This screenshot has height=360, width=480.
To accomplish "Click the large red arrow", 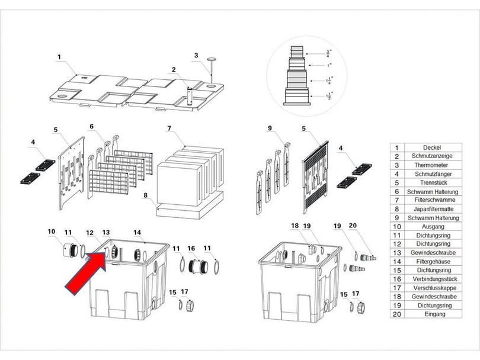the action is [x=86, y=273].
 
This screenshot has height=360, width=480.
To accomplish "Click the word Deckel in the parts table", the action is [x=432, y=147].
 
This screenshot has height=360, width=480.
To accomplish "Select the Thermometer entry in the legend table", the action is [x=431, y=165].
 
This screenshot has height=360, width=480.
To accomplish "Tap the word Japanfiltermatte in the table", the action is [x=433, y=209].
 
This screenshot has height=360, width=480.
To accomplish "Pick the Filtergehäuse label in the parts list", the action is [x=433, y=262].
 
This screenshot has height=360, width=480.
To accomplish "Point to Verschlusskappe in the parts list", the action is [x=435, y=288].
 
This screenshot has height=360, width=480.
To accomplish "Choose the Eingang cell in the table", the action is [x=435, y=314].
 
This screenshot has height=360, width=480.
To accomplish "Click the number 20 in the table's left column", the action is [x=396, y=314].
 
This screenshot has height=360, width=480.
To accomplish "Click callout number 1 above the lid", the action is [x=59, y=57].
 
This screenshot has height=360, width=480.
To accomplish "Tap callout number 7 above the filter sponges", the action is [x=169, y=128].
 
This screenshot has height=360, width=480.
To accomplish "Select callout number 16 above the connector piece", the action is [x=191, y=248].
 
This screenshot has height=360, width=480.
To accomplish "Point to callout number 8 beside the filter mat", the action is [x=145, y=195].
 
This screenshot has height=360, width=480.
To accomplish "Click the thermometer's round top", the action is [x=211, y=59].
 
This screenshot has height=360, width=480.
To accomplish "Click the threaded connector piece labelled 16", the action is [x=198, y=266].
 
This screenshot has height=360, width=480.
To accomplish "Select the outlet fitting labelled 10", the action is [x=71, y=250].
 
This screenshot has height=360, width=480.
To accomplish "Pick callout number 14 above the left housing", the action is [x=137, y=233].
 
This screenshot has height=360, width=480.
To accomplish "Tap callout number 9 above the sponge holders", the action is [x=270, y=128].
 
